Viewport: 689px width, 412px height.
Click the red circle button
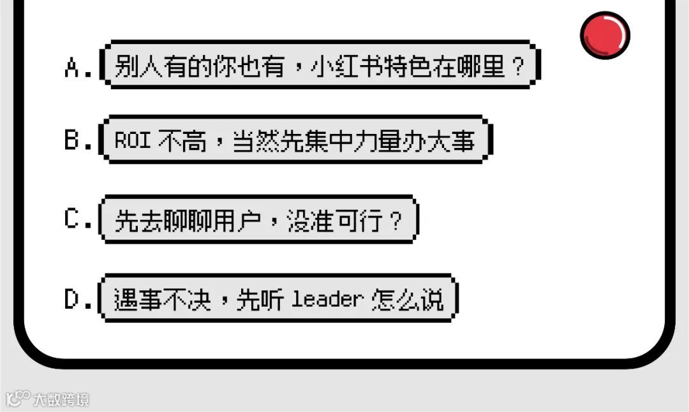[x=605, y=35]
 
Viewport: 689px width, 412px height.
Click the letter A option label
[x=72, y=67]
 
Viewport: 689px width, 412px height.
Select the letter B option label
[x=72, y=141]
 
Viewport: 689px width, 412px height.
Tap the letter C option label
[x=72, y=220]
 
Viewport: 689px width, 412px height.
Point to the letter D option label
[x=72, y=299]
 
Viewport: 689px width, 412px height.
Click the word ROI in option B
[x=132, y=141]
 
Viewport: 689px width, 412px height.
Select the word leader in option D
[x=327, y=299]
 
